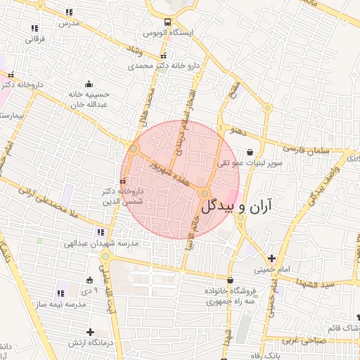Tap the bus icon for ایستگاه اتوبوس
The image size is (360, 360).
(x=167, y=22)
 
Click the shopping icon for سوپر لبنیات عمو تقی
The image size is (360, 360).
(x=250, y=150)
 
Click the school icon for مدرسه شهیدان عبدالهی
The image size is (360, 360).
(x=101, y=231)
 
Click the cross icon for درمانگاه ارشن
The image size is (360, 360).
(x=89, y=331)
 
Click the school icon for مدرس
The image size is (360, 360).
(x=68, y=12)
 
